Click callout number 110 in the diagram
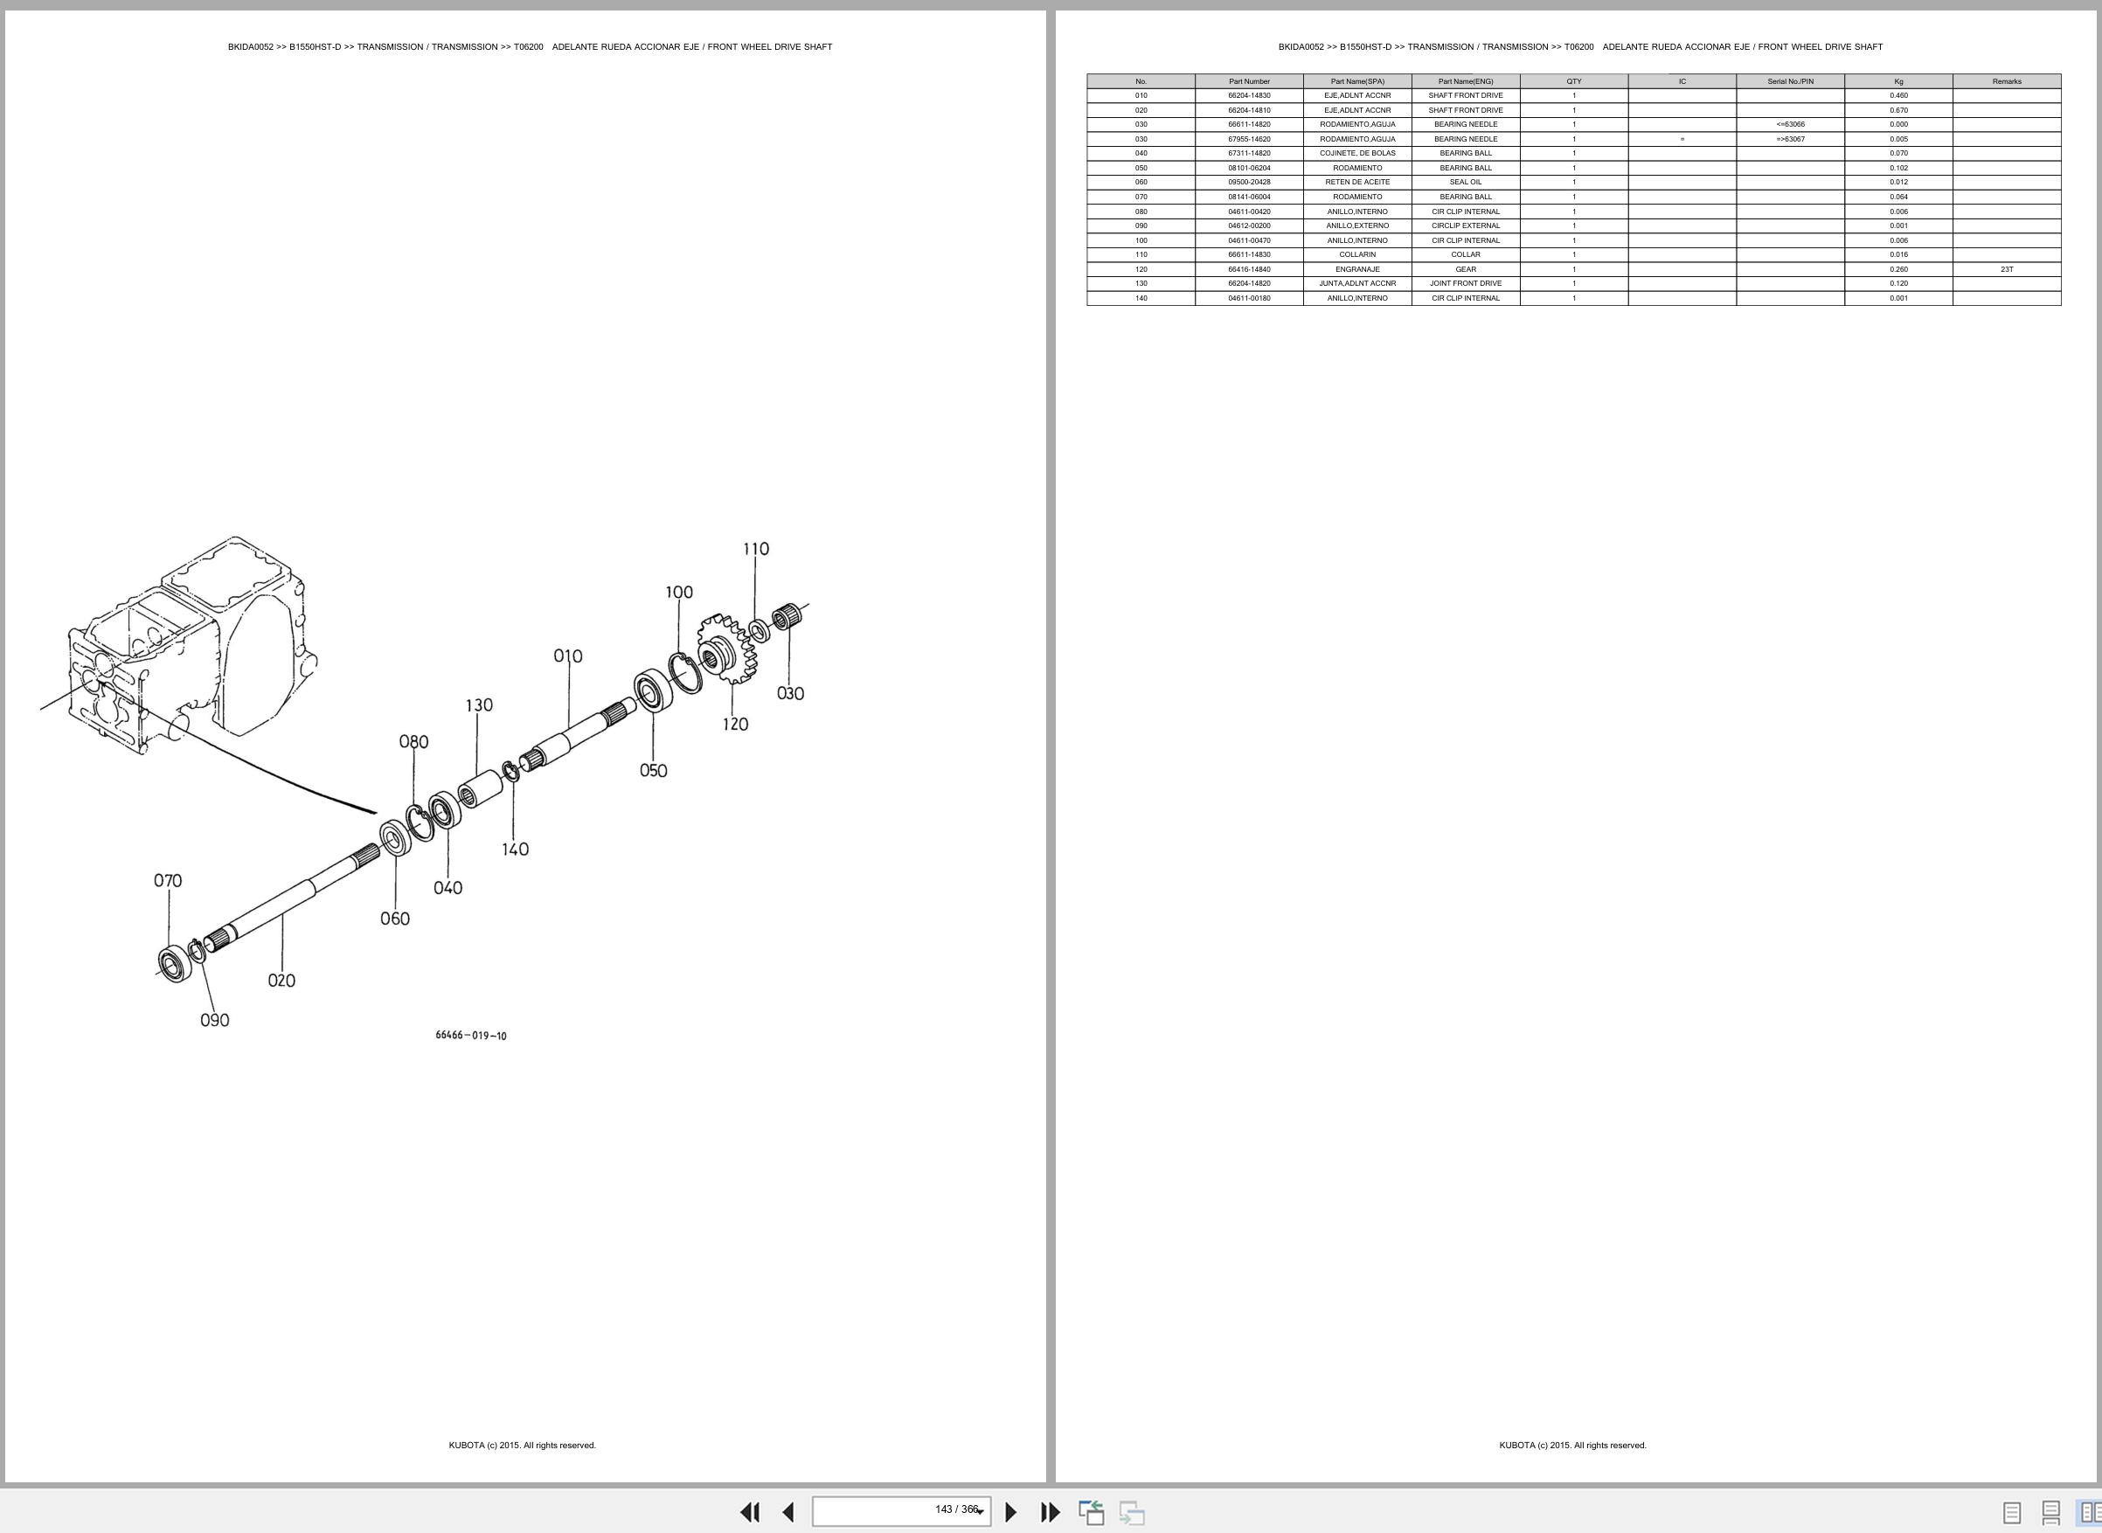pyautogui.click(x=755, y=550)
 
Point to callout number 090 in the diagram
pyautogui.click(x=214, y=1021)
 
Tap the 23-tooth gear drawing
pyautogui.click(x=729, y=649)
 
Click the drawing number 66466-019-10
pyautogui.click(x=471, y=1036)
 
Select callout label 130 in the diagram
pyautogui.click(x=479, y=705)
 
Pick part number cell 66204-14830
pyautogui.click(x=1249, y=95)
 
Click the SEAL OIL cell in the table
pyautogui.click(x=1466, y=183)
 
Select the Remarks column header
pyautogui.click(x=2007, y=81)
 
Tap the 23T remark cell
pyautogui.click(x=2007, y=269)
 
